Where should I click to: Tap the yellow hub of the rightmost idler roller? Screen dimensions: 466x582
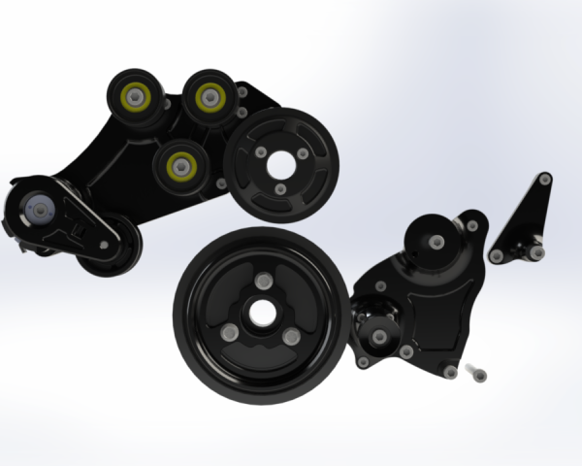click(209, 96)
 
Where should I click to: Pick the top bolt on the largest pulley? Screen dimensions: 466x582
click(261, 282)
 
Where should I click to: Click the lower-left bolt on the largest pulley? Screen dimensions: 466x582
click(231, 333)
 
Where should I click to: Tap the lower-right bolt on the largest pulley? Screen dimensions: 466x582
click(290, 336)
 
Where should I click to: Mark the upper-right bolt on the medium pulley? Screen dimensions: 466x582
click(304, 152)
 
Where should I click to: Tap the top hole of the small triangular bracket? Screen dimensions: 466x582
click(545, 179)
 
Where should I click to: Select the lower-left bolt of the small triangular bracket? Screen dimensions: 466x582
click(497, 256)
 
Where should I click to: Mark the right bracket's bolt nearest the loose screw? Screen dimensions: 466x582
click(450, 370)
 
